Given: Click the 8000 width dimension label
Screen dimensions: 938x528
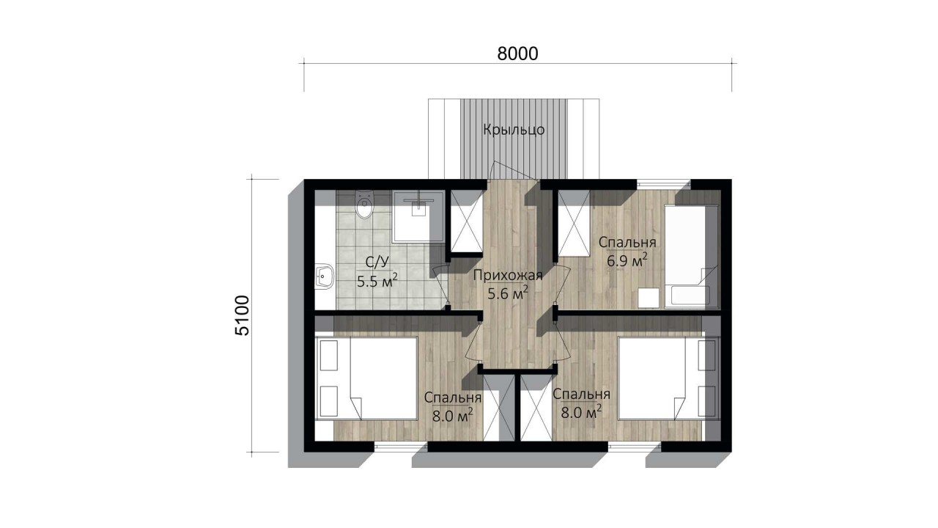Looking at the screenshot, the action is tap(517, 54).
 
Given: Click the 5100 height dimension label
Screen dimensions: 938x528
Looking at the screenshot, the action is tap(243, 315).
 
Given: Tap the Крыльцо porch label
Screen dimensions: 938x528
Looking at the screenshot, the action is tap(514, 130).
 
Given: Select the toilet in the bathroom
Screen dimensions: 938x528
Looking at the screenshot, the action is tap(364, 205).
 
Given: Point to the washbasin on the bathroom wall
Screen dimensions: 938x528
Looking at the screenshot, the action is tap(324, 276).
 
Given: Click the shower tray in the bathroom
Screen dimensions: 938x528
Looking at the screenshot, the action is tap(418, 216).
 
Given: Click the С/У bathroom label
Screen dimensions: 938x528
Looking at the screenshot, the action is tap(377, 263).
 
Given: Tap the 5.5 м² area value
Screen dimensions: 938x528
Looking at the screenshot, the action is tap(377, 281).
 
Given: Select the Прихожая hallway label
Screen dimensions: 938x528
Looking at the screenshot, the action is tap(508, 275).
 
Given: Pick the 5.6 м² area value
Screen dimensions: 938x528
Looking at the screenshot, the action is tap(508, 293).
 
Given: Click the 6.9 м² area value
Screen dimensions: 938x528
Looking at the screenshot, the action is tap(627, 260).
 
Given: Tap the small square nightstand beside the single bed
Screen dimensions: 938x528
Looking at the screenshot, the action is tap(649, 298).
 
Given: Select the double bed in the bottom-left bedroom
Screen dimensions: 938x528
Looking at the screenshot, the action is tap(367, 378).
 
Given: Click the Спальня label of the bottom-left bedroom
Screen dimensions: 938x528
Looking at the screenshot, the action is tap(453, 397).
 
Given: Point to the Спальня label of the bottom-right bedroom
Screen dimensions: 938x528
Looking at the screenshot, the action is tap(581, 395).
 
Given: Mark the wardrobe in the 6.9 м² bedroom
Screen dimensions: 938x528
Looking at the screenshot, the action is tap(574, 222).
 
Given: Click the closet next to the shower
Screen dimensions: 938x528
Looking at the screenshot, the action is tap(467, 221).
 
